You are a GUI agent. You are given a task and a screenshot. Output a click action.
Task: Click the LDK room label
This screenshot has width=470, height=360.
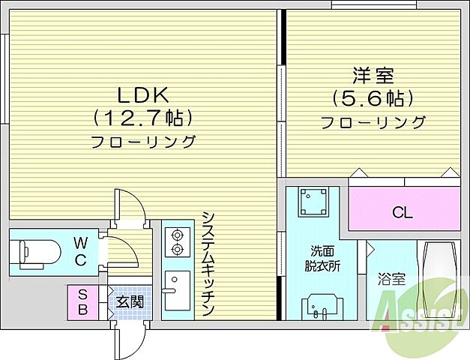[143, 94]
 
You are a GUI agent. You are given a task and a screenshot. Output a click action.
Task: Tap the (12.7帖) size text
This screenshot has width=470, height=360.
[143, 118]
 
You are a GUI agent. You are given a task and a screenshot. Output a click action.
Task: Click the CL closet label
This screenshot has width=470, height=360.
[403, 212]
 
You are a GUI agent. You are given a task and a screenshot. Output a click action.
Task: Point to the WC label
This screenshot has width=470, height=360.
[80, 251]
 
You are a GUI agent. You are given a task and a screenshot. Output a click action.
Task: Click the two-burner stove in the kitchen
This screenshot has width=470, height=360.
[178, 241]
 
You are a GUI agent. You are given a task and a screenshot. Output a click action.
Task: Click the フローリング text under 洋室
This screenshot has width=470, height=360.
[373, 122]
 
